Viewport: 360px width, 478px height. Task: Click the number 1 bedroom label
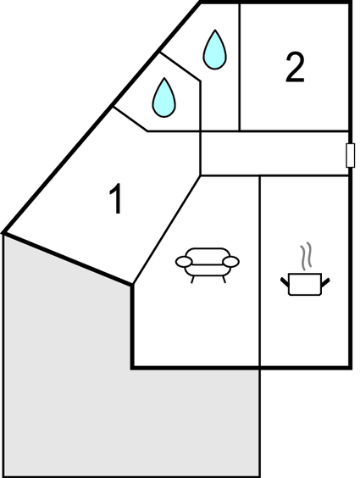pos(117,199)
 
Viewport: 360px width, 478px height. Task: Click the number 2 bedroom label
pos(295,67)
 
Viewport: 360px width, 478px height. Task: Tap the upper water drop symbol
pos(214,50)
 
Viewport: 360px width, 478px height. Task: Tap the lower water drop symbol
pos(164,97)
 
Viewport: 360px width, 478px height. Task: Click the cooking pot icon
pos(305,269)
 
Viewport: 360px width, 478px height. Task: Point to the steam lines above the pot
pos(306,256)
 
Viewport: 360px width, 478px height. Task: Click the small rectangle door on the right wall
pos(350,155)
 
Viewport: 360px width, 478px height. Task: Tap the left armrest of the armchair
pos(184,262)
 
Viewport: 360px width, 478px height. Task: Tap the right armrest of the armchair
pos(231,262)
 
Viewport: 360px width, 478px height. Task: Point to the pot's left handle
pos(285,281)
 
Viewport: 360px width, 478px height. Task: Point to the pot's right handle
pos(325,282)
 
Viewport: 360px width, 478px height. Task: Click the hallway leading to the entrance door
pos(274,153)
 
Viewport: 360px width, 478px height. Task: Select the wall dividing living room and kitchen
pos(259,271)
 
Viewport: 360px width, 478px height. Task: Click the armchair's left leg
pos(192,279)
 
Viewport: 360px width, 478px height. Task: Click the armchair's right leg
pos(224,279)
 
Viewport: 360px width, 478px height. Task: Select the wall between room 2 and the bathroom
pos(240,67)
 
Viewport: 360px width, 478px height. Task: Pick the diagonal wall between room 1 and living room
pos(166,231)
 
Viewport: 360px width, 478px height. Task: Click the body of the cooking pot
pos(305,285)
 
